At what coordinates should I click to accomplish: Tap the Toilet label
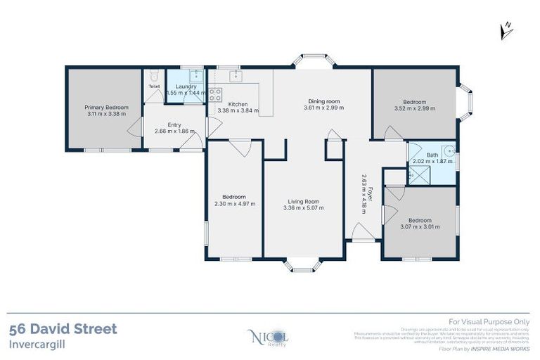pyautogui.click(x=155, y=87)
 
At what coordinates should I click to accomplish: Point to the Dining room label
pyautogui.click(x=323, y=101)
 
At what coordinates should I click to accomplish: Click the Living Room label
pyautogui.click(x=303, y=202)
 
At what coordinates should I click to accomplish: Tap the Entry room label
pyautogui.click(x=174, y=124)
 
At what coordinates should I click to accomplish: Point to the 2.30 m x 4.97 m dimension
pyautogui.click(x=234, y=204)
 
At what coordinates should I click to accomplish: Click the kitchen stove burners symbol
pyautogui.click(x=215, y=94)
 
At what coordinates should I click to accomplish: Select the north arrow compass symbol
pyautogui.click(x=506, y=29)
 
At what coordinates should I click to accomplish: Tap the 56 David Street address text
pyautogui.click(x=63, y=328)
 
